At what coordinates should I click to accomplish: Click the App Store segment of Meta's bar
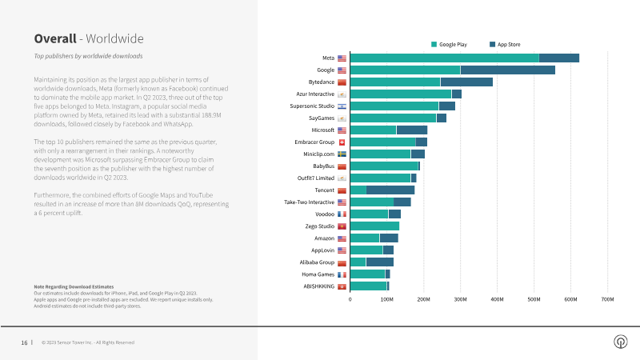558,58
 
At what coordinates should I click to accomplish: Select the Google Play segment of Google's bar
406,70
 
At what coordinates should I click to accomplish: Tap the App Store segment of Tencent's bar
390,190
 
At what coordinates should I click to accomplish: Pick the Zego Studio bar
374,226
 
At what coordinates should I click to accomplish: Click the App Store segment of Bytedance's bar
466,82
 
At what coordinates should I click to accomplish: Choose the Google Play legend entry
449,45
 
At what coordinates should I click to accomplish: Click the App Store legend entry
505,45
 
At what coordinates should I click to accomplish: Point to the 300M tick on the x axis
461,299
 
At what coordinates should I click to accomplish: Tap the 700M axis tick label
607,299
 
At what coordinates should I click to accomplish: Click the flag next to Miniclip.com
342,154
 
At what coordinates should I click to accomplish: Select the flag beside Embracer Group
342,142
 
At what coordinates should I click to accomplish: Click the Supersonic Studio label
312,106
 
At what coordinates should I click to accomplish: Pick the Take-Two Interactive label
309,202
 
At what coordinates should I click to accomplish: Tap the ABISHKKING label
318,286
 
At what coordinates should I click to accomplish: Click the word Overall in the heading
55,38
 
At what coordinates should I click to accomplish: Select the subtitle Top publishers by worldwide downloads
88,56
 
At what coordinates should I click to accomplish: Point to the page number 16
24,343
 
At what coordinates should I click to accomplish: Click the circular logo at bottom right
621,342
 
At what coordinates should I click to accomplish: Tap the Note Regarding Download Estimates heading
74,287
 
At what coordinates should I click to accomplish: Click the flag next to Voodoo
342,214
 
